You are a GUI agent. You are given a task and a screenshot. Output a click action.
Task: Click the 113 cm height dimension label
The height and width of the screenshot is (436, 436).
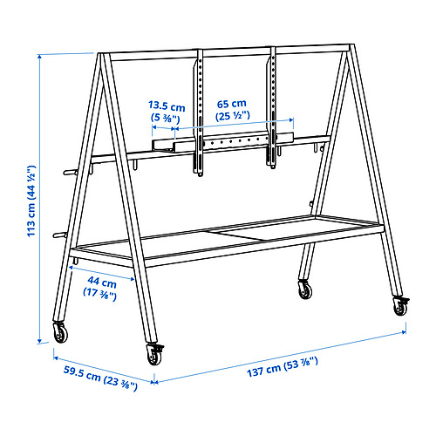31,201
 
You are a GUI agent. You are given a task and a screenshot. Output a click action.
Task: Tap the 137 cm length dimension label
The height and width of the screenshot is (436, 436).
283,367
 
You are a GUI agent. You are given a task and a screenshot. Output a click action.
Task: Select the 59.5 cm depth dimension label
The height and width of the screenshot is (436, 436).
100,378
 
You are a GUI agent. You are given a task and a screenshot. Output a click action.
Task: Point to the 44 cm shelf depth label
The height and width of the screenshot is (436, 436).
100,286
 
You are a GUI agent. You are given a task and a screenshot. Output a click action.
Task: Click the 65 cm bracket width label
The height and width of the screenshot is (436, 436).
232,110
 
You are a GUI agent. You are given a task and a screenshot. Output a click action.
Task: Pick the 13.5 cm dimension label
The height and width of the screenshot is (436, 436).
167,111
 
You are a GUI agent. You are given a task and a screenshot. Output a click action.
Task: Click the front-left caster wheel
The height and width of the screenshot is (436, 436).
60,332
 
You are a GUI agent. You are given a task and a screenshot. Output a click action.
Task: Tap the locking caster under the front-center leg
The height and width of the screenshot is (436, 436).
154,354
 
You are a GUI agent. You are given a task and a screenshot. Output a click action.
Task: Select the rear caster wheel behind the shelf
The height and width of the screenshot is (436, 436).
305,290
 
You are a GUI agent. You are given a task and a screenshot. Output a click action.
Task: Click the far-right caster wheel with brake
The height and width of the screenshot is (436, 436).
401,306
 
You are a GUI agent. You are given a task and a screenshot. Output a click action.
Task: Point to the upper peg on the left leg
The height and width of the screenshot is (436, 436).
70,173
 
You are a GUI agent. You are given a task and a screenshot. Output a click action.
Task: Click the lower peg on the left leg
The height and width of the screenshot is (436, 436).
60,235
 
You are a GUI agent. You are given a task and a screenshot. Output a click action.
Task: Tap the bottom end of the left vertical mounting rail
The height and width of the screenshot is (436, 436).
200,174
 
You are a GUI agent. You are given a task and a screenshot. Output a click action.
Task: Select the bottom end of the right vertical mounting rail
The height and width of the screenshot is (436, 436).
272,167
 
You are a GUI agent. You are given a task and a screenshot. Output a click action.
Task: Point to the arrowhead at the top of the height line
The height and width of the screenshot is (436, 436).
40,57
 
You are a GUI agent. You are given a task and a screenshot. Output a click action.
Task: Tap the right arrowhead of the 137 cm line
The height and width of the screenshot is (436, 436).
403,331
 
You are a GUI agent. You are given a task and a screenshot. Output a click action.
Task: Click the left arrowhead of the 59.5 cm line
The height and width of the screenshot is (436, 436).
57,358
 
